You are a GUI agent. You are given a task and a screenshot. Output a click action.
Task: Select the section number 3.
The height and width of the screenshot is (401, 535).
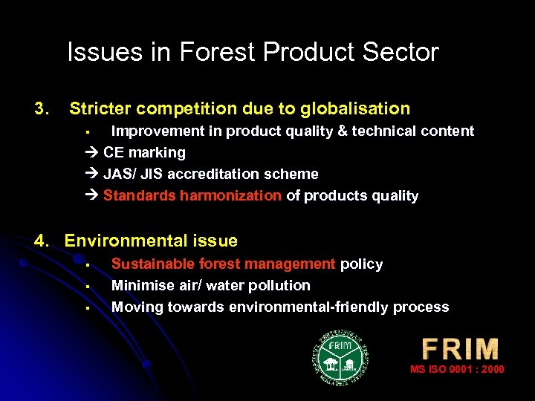[x=42, y=109]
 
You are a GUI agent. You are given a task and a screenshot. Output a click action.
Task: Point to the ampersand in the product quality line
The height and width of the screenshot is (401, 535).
[x=325, y=131]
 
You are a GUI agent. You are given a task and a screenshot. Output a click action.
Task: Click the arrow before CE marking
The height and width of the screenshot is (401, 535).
[x=92, y=153]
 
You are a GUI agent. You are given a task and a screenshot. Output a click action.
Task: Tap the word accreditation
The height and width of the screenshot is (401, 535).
[x=204, y=175]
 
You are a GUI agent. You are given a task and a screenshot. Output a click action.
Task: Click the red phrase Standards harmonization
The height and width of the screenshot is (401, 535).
[x=192, y=196]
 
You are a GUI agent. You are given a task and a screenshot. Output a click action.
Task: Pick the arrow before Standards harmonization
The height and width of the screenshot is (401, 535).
[x=92, y=196]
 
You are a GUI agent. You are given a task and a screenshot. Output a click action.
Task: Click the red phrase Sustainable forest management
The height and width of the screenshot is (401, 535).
[x=223, y=264]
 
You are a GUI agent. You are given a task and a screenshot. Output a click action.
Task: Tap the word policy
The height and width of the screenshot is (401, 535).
[x=362, y=264]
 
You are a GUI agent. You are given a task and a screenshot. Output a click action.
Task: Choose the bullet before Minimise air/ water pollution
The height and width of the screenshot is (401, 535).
[x=87, y=286]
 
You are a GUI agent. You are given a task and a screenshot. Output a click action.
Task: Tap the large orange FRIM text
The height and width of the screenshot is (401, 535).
[x=460, y=349]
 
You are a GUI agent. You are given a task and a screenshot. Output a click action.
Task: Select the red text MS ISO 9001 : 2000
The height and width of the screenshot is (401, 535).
[x=457, y=369]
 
